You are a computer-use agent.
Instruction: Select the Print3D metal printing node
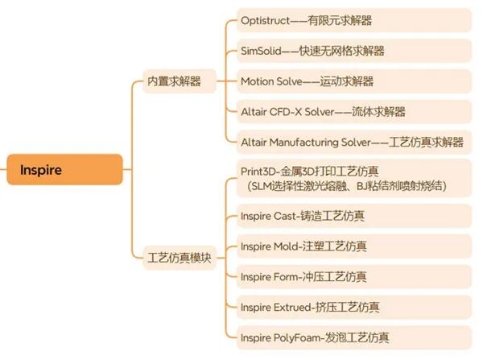tap(350, 178)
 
